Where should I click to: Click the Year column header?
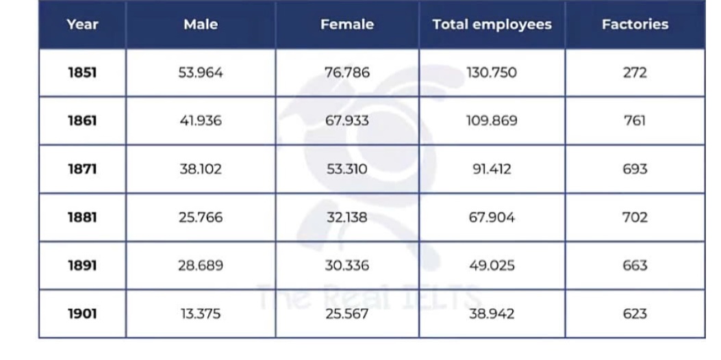(x=82, y=25)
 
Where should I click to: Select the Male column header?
(x=201, y=25)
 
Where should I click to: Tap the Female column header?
(x=347, y=25)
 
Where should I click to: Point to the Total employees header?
(x=492, y=25)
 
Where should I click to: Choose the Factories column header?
(x=635, y=25)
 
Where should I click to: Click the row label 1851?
(x=82, y=73)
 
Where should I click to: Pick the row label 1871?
(x=82, y=169)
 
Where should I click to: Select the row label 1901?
(x=82, y=314)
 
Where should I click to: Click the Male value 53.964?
(x=201, y=73)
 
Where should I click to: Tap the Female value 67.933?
(x=347, y=121)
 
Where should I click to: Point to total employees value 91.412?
(x=492, y=169)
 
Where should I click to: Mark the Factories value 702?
(x=635, y=218)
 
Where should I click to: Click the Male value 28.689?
(x=201, y=266)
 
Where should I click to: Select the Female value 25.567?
(x=347, y=314)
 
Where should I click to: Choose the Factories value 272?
(x=635, y=73)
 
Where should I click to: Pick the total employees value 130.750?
(x=492, y=73)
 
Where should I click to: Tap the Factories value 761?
(x=635, y=121)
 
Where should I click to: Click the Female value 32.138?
(x=347, y=218)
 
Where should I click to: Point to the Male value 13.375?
(x=201, y=314)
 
